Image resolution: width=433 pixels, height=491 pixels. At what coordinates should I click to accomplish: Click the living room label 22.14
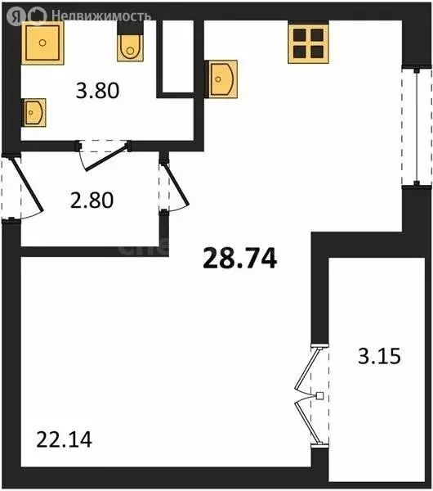point(64,441)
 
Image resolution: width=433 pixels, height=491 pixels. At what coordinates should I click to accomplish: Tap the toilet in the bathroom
point(130,47)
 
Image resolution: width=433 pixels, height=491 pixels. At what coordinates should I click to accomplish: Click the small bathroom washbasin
point(33,110)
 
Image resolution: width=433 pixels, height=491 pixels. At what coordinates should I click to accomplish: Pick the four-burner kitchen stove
point(307,43)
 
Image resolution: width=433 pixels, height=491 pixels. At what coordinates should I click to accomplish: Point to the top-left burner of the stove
point(300,35)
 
